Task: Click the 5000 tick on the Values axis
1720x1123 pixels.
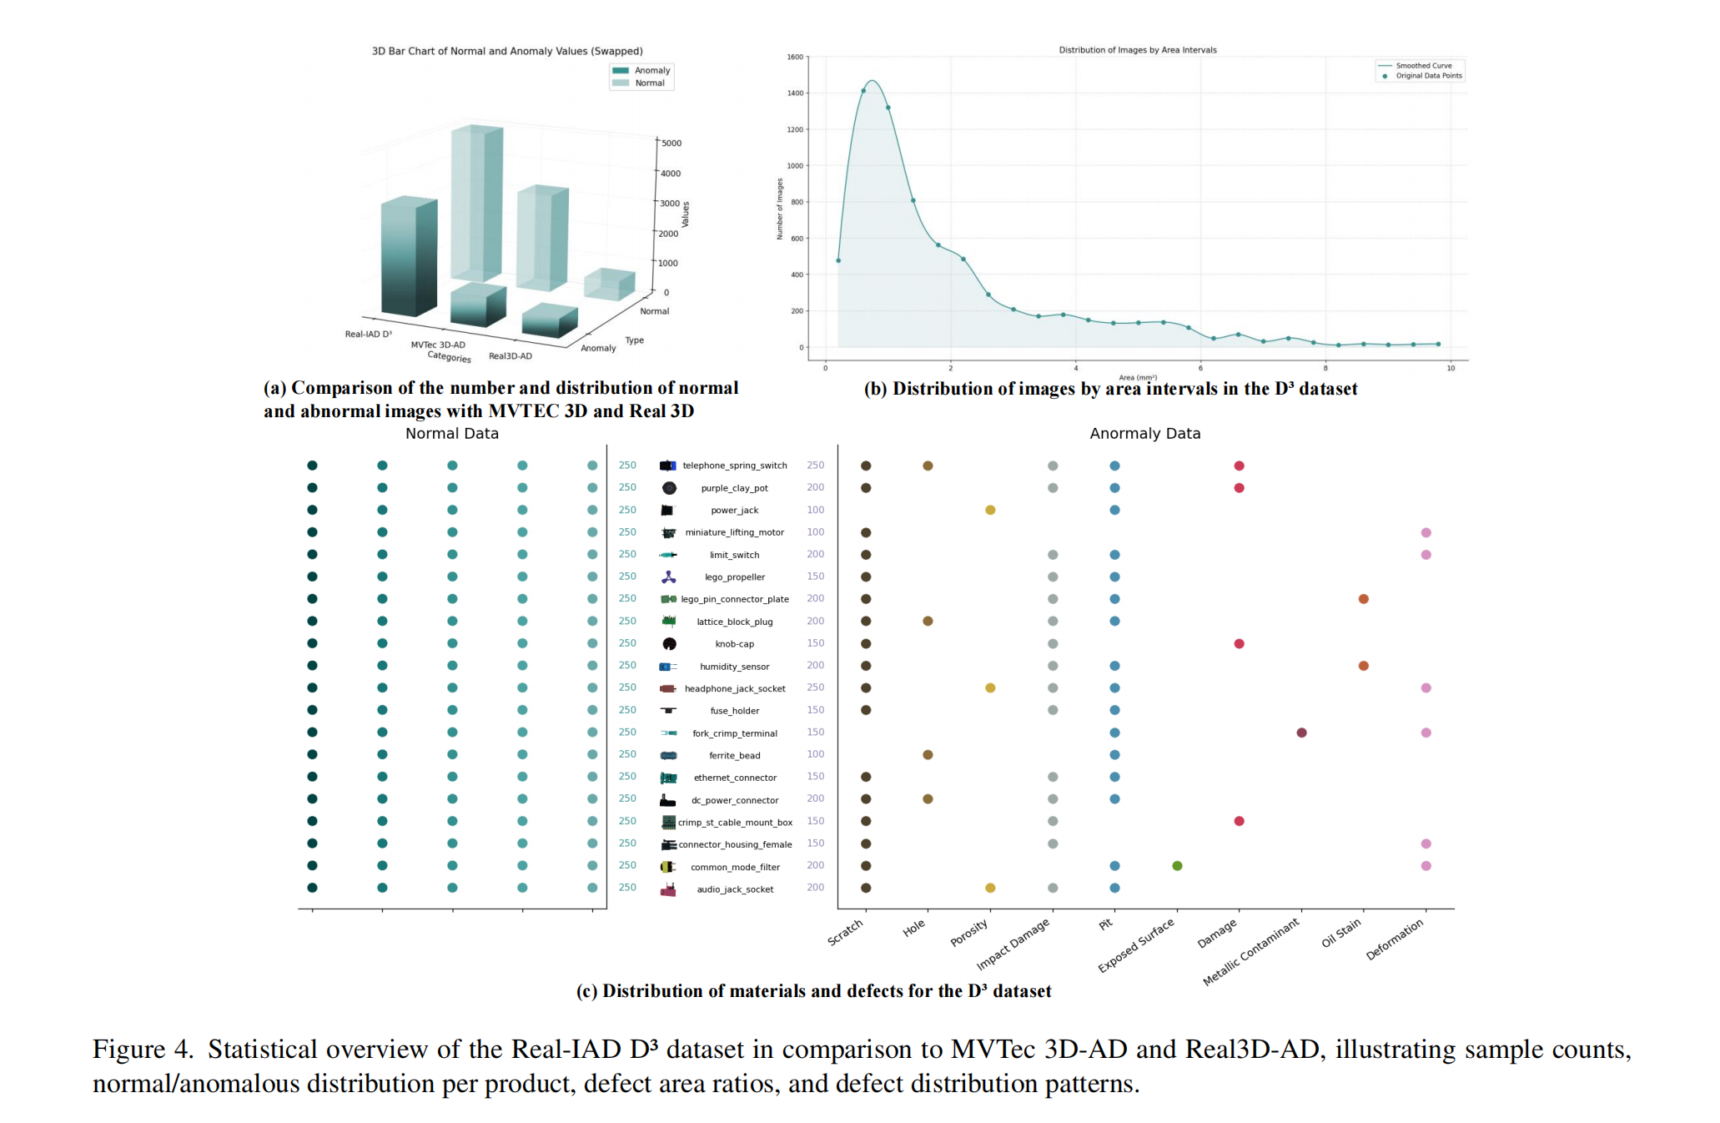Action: [x=671, y=144]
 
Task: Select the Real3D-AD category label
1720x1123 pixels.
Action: [x=510, y=356]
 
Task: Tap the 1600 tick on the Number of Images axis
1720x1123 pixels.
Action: [x=794, y=58]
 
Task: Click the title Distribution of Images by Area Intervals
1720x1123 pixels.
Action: [x=1137, y=50]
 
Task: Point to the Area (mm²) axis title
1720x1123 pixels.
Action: [x=1137, y=377]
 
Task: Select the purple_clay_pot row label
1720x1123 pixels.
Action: [x=734, y=488]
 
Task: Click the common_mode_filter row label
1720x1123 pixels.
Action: [x=734, y=867]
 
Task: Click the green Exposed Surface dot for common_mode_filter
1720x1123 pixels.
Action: [x=1177, y=866]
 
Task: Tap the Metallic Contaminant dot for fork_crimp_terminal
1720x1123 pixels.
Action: [x=1301, y=733]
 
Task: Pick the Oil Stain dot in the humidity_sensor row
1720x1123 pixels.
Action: [x=1363, y=666]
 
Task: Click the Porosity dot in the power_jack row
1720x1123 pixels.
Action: [x=990, y=510]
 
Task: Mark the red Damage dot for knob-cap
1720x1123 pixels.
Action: [x=1239, y=643]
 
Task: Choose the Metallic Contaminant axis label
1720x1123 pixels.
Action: [x=1250, y=953]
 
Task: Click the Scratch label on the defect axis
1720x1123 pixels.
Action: [x=845, y=932]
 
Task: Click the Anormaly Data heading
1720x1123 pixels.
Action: [x=1144, y=434]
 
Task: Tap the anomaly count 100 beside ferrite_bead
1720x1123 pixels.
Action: [x=815, y=754]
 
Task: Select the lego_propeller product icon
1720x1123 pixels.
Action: [x=668, y=577]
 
